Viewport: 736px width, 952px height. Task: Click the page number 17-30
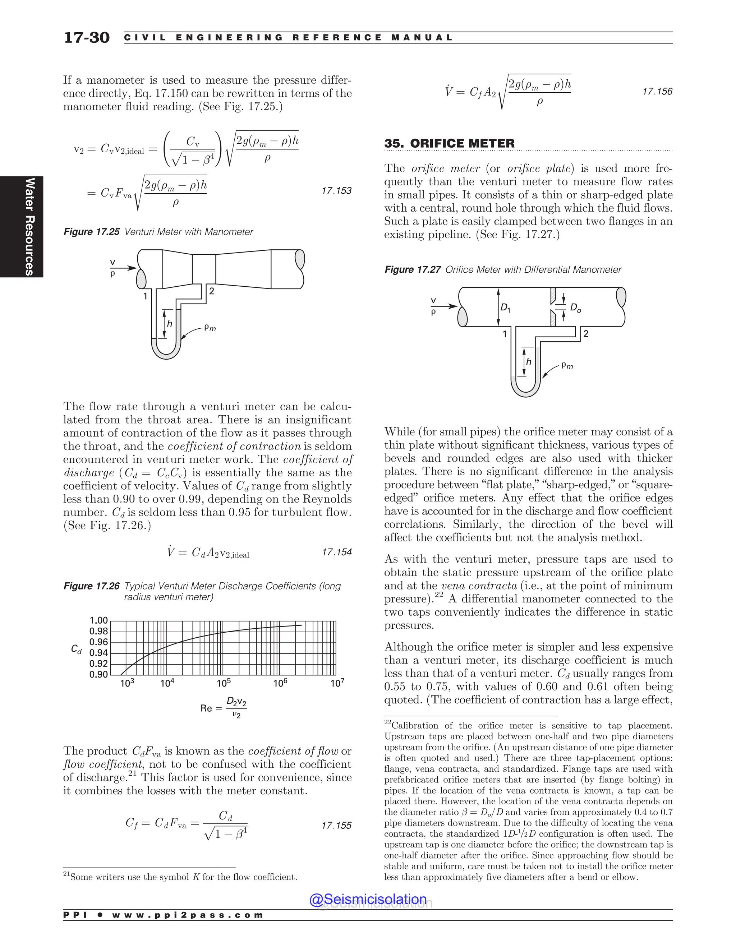point(87,37)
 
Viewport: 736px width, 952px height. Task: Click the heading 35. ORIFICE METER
point(449,143)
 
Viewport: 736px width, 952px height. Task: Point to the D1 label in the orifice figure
point(505,308)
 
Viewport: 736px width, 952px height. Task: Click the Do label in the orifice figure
point(576,308)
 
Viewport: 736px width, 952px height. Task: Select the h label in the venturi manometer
point(170,323)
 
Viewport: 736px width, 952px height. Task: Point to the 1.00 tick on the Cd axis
point(98,620)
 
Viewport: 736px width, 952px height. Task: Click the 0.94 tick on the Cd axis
point(98,652)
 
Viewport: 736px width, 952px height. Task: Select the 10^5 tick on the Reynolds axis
point(224,683)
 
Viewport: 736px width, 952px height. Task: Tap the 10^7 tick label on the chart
point(337,683)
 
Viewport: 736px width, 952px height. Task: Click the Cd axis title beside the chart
point(76,650)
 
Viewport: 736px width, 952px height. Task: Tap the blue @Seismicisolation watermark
point(368,899)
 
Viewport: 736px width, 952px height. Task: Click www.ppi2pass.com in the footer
point(188,915)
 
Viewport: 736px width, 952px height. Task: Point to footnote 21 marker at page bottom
point(66,874)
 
